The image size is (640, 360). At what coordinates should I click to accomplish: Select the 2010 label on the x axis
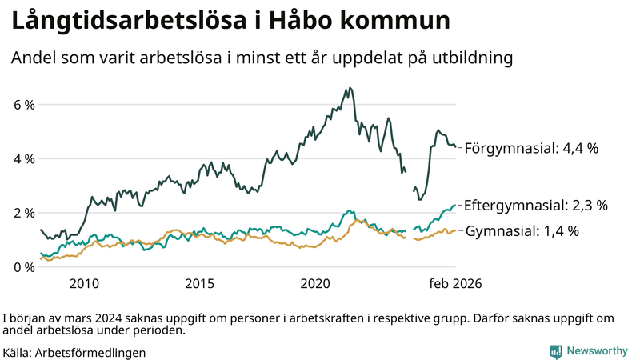[84, 283]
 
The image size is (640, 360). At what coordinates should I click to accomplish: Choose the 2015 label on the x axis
[200, 283]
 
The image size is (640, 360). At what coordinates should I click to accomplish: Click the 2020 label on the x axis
[316, 283]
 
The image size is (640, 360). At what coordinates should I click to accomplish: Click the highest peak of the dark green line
[350, 88]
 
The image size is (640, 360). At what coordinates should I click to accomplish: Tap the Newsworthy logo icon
[555, 351]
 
